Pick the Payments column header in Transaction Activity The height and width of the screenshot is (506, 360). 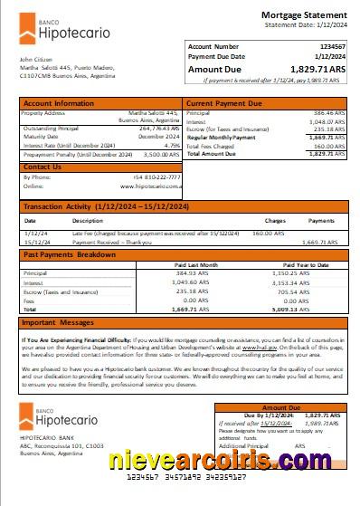(x=321, y=220)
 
